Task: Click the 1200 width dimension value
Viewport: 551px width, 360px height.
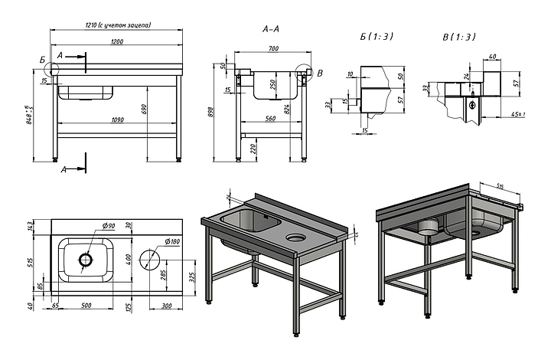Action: point(117,41)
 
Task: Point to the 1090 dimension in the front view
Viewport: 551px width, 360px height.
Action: point(117,119)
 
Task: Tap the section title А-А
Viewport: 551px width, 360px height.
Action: point(270,29)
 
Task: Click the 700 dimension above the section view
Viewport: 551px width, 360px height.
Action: point(272,48)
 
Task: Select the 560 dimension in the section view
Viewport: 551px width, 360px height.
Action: point(271,119)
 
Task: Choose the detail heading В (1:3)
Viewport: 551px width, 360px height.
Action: point(459,36)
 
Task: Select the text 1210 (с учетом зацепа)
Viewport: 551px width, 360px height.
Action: point(118,26)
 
